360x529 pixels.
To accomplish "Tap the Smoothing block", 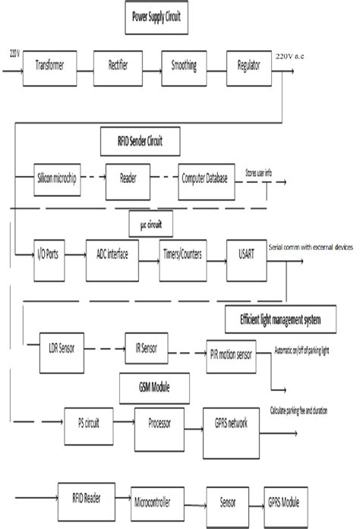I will (x=182, y=65).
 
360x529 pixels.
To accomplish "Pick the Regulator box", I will (x=251, y=65).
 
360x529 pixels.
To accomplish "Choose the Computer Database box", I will (x=207, y=177).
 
